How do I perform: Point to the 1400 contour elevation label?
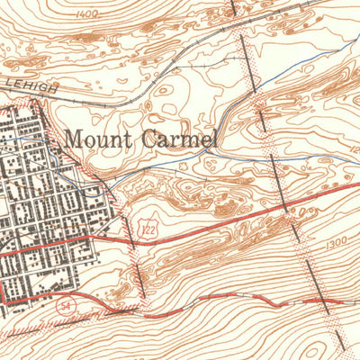click(87, 14)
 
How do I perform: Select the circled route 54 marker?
click(66, 307)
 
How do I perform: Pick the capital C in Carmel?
click(143, 140)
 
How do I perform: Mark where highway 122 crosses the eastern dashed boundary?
click(286, 204)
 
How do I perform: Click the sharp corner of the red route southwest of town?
click(4, 300)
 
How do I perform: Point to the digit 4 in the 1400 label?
click(83, 14)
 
